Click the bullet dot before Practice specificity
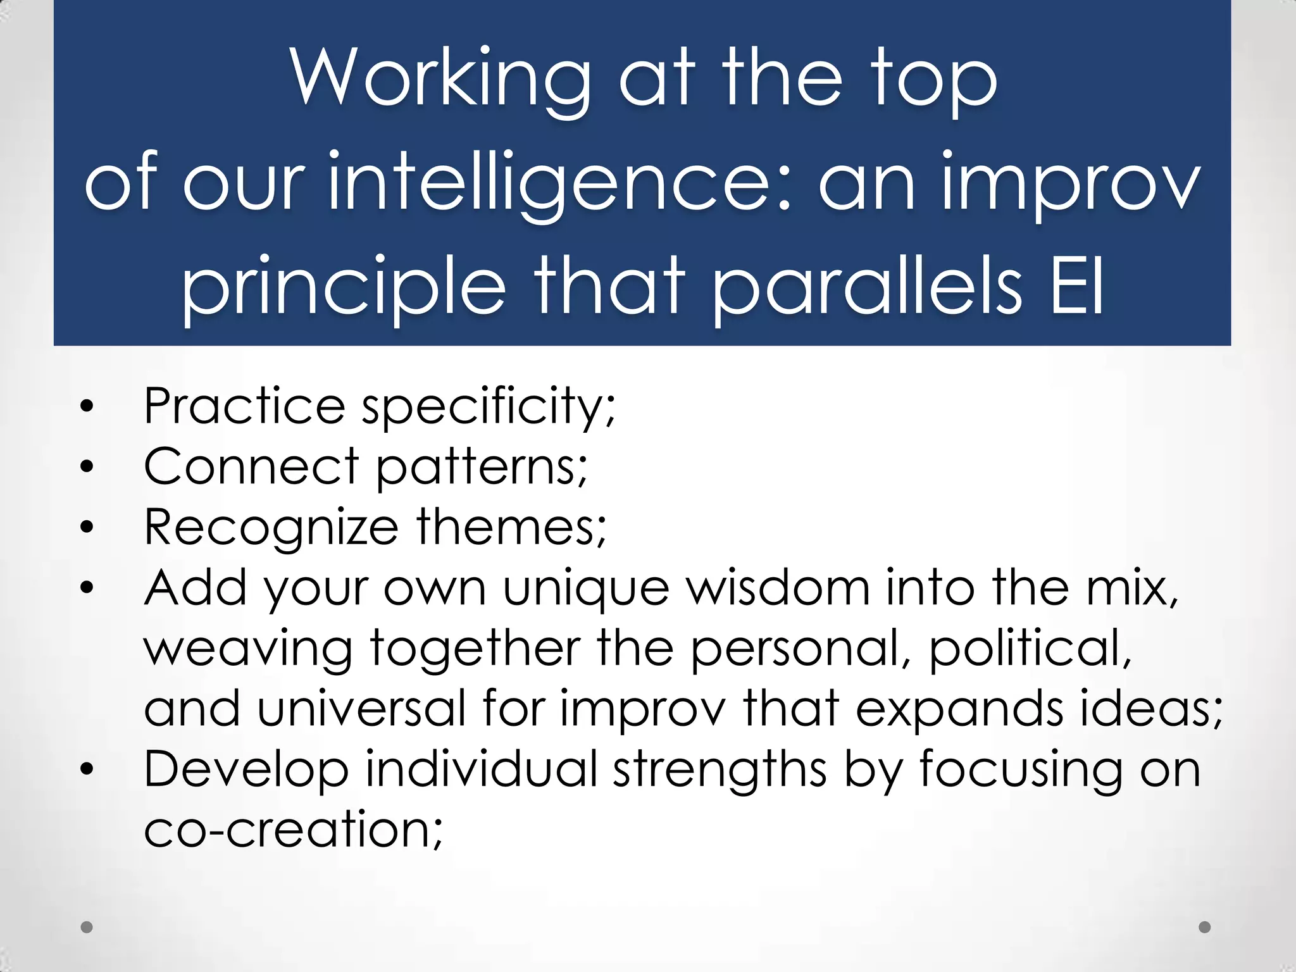point(87,406)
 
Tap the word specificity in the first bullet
point(488,406)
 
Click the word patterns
point(482,466)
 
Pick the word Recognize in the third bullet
point(271,526)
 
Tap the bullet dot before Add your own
point(87,587)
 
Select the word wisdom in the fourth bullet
point(778,587)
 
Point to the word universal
point(361,708)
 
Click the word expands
point(959,708)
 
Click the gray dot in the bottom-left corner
point(87,927)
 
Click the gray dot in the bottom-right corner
point(1205,927)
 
